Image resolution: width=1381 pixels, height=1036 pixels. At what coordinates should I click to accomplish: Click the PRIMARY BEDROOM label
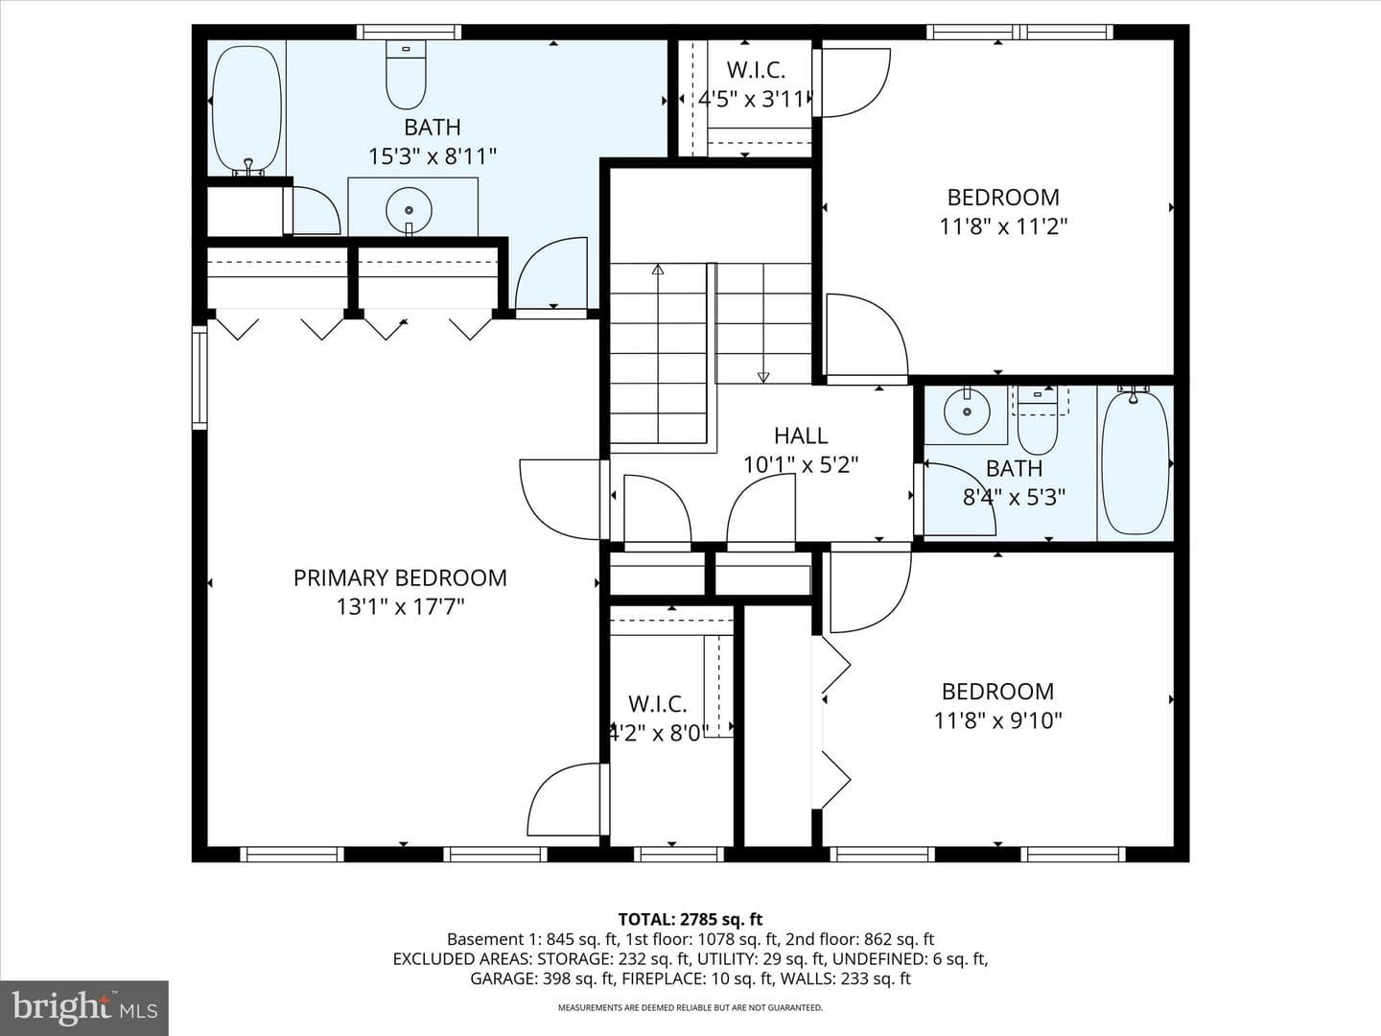400,578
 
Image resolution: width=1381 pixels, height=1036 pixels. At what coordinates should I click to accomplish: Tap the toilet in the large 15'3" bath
406,75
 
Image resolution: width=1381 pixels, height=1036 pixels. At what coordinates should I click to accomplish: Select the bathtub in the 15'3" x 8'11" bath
246,107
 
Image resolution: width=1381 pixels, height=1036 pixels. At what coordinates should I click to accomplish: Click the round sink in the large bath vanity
409,209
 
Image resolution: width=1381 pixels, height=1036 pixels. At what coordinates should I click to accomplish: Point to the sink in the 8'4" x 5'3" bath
967,412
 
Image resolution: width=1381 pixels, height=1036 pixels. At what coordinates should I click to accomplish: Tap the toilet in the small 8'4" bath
1038,420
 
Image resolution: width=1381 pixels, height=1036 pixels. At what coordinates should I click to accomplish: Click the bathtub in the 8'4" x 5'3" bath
1135,462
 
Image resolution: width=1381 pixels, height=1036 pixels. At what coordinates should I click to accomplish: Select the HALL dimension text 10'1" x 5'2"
801,465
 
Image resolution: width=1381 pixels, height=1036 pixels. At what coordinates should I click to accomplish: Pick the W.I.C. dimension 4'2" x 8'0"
658,732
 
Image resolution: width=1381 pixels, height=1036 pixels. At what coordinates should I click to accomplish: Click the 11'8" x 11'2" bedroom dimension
1003,226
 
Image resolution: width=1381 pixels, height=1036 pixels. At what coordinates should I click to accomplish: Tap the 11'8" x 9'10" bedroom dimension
997,720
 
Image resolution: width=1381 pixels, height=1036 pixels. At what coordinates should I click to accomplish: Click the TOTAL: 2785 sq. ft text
690,920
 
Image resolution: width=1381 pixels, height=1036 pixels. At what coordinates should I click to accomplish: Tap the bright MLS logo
84,1007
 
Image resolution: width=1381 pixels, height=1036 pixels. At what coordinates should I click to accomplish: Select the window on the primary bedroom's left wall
199,377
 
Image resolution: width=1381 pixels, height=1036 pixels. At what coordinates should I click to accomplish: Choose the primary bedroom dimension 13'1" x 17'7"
400,607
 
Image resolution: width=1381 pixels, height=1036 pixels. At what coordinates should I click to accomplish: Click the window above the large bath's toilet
409,32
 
